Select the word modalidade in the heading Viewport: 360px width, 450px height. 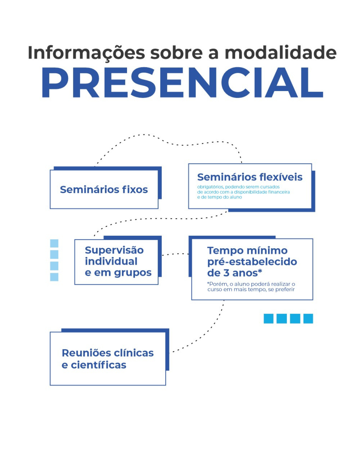point(281,53)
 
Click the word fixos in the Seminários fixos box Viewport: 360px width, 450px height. point(135,190)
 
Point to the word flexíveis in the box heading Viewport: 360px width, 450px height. point(281,177)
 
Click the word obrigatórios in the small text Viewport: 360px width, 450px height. point(210,187)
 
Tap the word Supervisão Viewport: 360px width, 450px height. point(114,250)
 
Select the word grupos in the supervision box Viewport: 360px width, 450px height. point(133,273)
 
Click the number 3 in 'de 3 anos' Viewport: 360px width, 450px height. point(226,273)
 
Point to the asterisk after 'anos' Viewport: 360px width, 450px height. point(260,271)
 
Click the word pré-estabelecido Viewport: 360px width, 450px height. point(252,262)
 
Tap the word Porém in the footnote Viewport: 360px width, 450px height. point(218,284)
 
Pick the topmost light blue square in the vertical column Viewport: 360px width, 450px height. point(54,243)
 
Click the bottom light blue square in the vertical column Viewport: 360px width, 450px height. point(54,277)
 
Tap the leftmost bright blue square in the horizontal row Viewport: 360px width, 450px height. point(268,318)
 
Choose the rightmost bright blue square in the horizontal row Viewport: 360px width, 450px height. point(308,318)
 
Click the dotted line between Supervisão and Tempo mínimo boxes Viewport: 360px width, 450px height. point(175,254)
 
